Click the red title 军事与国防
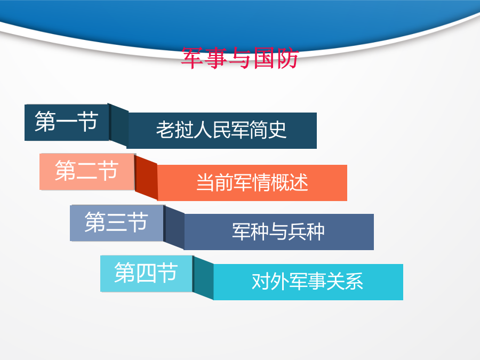(239, 58)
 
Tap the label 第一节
(67, 122)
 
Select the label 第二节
(86, 171)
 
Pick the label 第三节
(116, 222)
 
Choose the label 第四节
(146, 273)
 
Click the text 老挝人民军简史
(221, 130)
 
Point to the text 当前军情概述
(252, 182)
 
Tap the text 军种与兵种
(278, 231)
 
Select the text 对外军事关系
(307, 281)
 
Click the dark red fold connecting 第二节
(146, 177)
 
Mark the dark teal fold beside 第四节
(203, 278)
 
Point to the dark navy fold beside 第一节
(118, 125)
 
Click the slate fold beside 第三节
(174, 227)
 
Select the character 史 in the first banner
(277, 130)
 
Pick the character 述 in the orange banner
(299, 182)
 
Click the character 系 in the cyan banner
(354, 281)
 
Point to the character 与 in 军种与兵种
(278, 231)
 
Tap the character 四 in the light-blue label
(146, 273)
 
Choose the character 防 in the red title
(287, 58)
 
